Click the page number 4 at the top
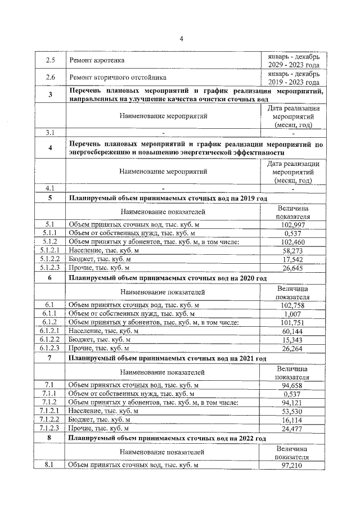181,38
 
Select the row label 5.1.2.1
50,250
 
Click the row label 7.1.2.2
50,419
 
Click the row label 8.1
50,465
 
